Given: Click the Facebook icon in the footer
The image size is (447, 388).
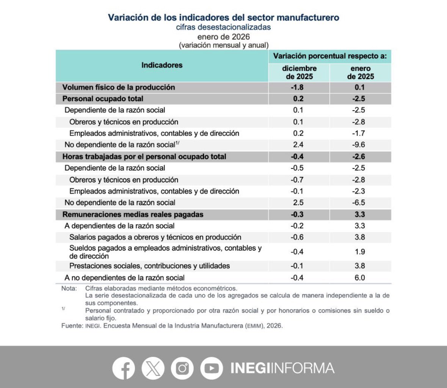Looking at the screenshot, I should point(124,368).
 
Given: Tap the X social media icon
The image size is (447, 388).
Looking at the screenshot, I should point(153,368).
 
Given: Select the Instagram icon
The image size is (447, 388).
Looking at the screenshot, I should point(182,368).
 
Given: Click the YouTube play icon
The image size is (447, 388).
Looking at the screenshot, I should point(212,368).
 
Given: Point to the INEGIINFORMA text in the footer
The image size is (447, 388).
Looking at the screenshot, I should point(282,368).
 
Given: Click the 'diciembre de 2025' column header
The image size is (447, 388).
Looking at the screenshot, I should point(299,72).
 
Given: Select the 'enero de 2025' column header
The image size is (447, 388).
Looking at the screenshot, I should point(360,72).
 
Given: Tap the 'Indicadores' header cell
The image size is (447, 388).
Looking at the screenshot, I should point(162,65).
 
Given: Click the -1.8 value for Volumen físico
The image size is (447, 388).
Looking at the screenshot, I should point(298,87).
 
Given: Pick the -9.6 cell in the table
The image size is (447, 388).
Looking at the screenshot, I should point(360,145).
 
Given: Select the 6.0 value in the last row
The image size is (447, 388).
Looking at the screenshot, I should point(360,278).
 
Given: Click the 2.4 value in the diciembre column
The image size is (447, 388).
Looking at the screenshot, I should point(298,145).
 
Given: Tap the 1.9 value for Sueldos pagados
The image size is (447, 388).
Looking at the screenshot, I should point(360,252).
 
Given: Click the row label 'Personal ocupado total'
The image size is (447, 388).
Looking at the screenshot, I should point(103,99).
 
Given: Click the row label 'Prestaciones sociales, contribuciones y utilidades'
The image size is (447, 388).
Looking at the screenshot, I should point(149,266).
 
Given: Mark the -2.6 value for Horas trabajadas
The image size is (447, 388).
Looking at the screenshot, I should point(360,157).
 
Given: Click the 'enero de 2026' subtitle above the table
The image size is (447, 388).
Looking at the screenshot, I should point(224,37).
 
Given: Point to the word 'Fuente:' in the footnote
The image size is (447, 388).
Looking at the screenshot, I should point(71,326).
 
